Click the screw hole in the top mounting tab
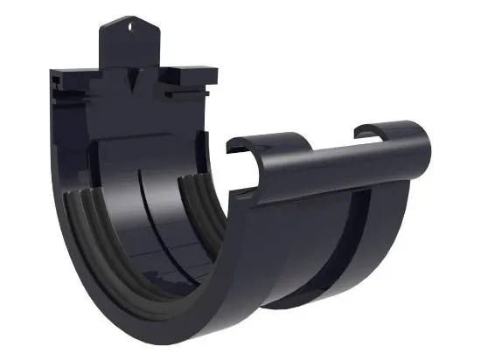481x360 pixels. [134, 25]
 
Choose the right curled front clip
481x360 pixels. [385, 131]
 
